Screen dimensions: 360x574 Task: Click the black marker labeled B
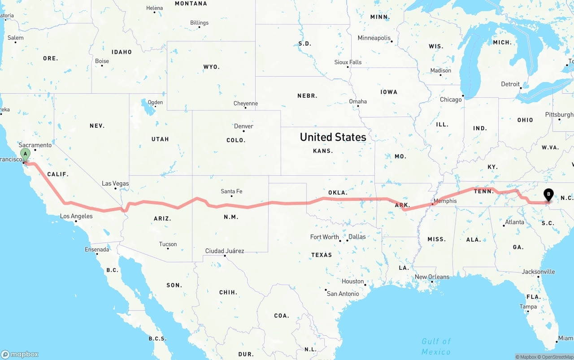point(548,195)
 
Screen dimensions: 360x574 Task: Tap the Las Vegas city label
point(115,183)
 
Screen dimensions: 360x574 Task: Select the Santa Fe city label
point(231,191)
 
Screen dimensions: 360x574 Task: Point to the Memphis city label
point(445,201)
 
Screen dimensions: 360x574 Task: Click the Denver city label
point(244,126)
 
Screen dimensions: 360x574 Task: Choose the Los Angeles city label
point(76,216)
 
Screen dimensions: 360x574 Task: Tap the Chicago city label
point(451,100)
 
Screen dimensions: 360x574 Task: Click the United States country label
point(333,137)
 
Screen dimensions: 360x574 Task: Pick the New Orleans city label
point(432,277)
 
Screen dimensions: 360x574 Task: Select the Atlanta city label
point(514,222)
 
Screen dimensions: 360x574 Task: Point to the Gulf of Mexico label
point(436,347)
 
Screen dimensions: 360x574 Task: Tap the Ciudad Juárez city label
point(225,251)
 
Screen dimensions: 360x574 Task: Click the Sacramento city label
point(35,145)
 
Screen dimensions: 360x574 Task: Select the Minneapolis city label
point(374,38)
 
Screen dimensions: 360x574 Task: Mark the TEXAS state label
point(322,255)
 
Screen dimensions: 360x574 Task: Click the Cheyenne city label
point(246,104)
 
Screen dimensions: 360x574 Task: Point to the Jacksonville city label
point(538,272)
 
